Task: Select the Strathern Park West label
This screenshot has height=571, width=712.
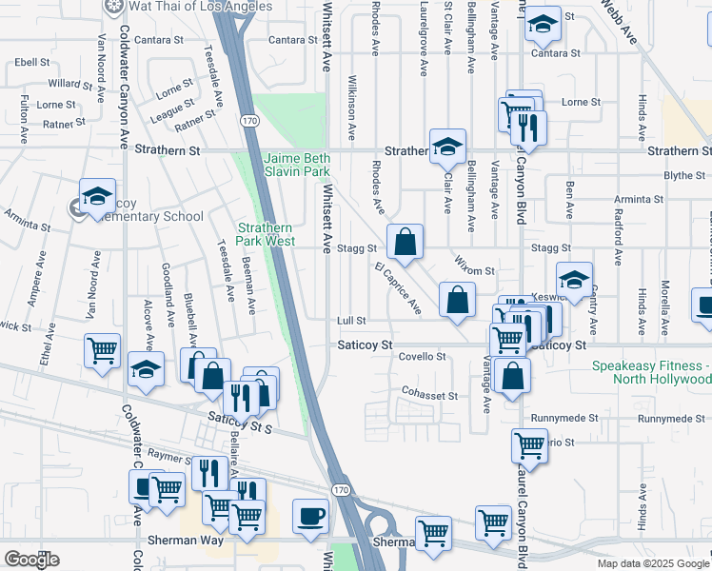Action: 266,234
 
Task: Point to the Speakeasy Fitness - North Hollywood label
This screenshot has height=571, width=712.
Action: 650,372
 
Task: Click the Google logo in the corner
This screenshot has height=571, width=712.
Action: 31,560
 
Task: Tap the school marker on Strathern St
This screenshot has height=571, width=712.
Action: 446,147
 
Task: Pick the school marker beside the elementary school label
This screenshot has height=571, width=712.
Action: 97,197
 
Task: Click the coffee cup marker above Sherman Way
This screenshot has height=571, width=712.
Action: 310,517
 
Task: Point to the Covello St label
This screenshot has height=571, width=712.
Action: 422,356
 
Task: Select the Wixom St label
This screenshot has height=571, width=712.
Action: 476,271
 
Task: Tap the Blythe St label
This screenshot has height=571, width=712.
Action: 683,175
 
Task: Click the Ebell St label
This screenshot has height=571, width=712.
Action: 32,62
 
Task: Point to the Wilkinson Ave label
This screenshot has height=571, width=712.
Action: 351,104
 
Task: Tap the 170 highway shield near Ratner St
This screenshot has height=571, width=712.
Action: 248,121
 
